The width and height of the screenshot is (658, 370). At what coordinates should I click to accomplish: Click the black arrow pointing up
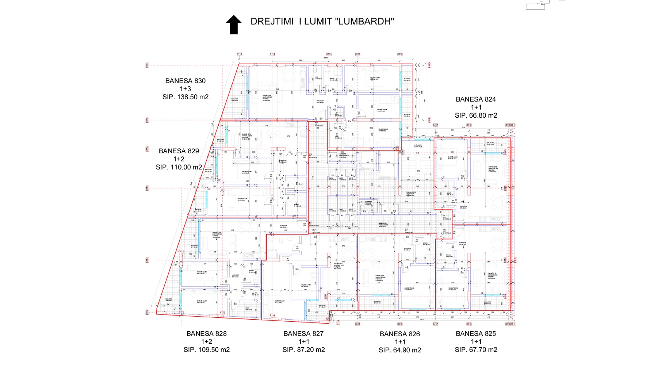point(234,24)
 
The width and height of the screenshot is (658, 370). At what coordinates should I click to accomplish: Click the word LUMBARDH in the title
point(365,21)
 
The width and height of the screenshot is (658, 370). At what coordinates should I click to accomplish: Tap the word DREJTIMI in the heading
point(272,21)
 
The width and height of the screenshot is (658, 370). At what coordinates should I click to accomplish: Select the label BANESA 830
point(185,81)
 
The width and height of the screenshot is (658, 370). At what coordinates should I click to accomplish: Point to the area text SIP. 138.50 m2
point(185,97)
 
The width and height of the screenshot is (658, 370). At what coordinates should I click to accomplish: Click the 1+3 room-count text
point(185,89)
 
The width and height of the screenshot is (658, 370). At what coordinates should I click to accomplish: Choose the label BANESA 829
point(179,151)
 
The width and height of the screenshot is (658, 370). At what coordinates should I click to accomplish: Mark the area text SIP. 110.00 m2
point(179,167)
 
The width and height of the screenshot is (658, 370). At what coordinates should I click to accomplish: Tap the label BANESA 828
point(206,334)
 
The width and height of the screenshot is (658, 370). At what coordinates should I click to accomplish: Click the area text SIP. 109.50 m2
point(206,349)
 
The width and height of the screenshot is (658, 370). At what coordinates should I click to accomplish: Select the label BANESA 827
point(303,334)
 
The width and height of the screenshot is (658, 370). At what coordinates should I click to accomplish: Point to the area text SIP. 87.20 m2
point(303,349)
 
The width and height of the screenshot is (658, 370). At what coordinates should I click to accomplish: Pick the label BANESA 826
point(400,334)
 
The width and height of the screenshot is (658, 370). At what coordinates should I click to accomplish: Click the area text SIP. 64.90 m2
point(400,350)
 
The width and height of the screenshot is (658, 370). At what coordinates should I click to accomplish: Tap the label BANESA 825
point(476,334)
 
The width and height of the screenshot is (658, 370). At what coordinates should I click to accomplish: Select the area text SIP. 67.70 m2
point(476,349)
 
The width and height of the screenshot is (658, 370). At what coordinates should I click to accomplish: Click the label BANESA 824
point(476,99)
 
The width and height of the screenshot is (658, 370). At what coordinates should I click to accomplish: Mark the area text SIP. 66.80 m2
point(476,115)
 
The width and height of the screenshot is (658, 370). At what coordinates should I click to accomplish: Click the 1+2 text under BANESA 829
point(179,159)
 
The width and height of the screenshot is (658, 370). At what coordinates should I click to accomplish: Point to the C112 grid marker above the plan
point(239,54)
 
